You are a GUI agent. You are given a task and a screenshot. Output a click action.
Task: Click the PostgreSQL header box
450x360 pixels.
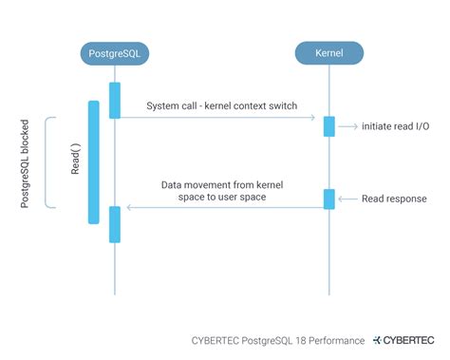coord(115,53)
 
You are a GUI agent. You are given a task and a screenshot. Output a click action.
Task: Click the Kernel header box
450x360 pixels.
coord(329,53)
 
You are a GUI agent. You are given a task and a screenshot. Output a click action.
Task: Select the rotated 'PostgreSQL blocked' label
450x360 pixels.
coord(26,161)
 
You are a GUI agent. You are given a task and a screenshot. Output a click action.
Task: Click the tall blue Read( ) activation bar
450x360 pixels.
coord(93,161)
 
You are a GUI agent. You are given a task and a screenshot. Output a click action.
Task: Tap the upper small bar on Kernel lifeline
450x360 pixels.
coord(329,126)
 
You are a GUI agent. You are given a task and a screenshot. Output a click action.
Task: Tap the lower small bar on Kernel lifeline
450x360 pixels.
coord(329,199)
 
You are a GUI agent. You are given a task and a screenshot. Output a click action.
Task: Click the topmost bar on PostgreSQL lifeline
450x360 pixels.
coord(115,101)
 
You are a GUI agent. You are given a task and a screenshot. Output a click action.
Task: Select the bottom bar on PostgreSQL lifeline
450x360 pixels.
coord(115,224)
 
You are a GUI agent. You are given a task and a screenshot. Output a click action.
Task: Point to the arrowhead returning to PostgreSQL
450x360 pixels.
coord(130,206)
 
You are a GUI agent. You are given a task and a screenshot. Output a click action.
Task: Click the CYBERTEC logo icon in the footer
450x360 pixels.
coord(379,338)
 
